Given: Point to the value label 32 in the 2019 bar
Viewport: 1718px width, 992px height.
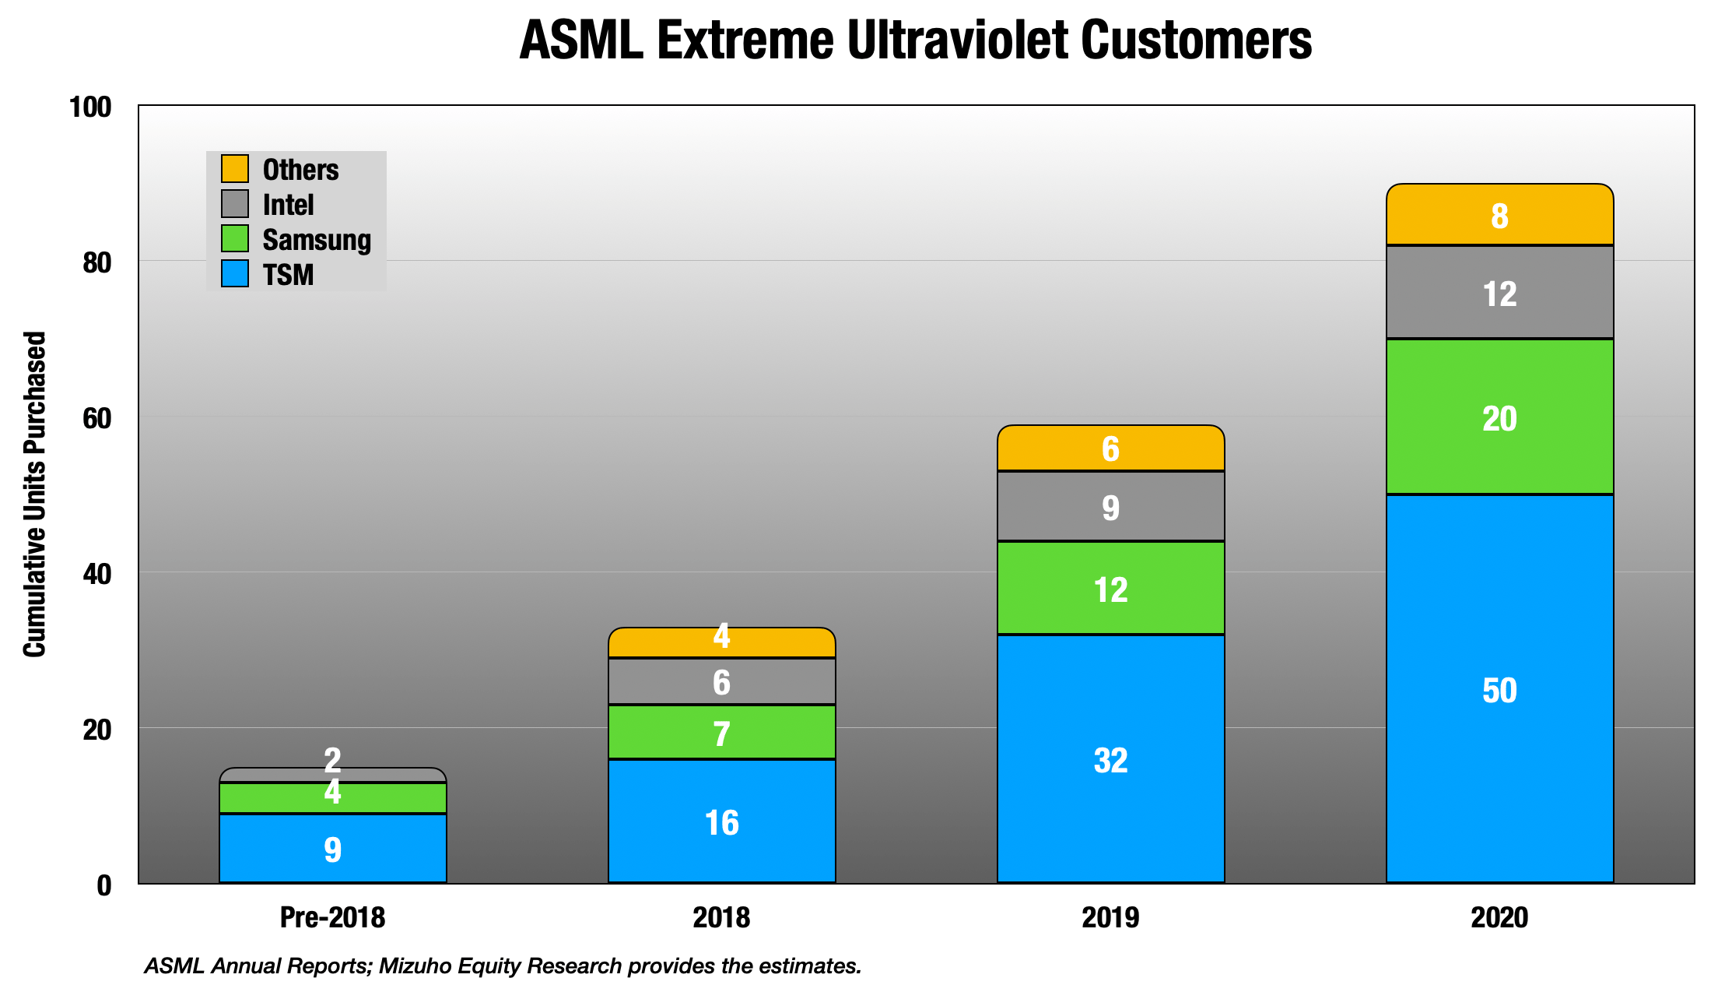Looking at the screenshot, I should [1110, 761].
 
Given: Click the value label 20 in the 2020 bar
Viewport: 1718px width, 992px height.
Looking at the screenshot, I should [1499, 419].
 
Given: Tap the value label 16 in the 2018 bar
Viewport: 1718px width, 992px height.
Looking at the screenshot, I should [721, 823].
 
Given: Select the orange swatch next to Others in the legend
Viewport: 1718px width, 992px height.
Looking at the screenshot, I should [234, 169].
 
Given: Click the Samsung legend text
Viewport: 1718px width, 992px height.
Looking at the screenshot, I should [317, 240].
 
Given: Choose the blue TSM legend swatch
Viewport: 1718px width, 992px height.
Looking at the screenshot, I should [234, 274].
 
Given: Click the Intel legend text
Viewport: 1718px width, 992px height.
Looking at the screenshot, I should [288, 205].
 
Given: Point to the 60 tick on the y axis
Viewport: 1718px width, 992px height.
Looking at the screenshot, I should [96, 418].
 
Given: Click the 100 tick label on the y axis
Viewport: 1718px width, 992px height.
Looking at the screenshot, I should [90, 107].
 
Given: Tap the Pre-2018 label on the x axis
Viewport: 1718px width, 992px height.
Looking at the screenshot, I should [332, 917].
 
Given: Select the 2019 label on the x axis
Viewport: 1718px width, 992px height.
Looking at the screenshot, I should [1110, 917].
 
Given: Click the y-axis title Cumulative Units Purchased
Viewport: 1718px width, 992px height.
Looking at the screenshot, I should [35, 494].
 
